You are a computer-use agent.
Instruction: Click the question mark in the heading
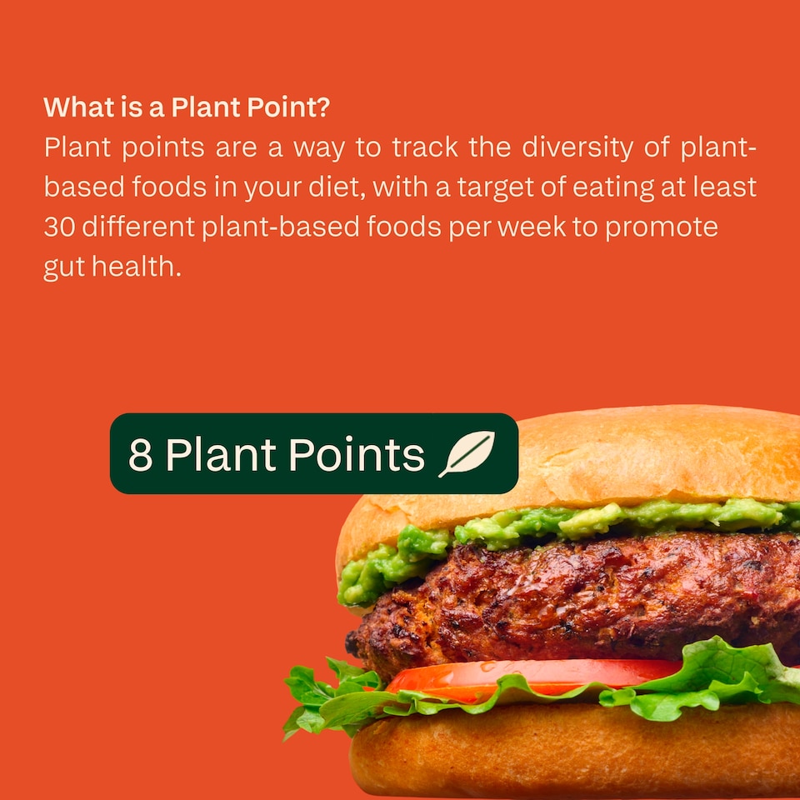tap(324, 107)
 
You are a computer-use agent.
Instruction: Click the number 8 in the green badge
tap(140, 454)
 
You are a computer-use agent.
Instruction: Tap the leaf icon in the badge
tap(467, 454)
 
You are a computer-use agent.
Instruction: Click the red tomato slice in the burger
tap(533, 673)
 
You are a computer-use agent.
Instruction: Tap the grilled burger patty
tap(567, 600)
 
